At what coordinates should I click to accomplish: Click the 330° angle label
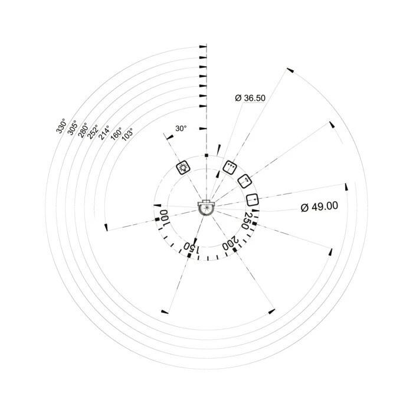pos(61,126)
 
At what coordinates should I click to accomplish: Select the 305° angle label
pos(72,127)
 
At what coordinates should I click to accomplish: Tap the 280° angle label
pos(83,130)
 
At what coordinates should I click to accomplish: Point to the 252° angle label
pos(93,132)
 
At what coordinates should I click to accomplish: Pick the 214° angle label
pos(104,133)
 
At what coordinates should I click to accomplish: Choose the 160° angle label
pos(116,134)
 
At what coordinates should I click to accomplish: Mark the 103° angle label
pos(128,135)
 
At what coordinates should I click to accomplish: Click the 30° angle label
pos(181,128)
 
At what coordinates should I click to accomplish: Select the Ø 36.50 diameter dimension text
pos(250,98)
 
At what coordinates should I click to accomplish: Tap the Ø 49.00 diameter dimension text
pos(319,206)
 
